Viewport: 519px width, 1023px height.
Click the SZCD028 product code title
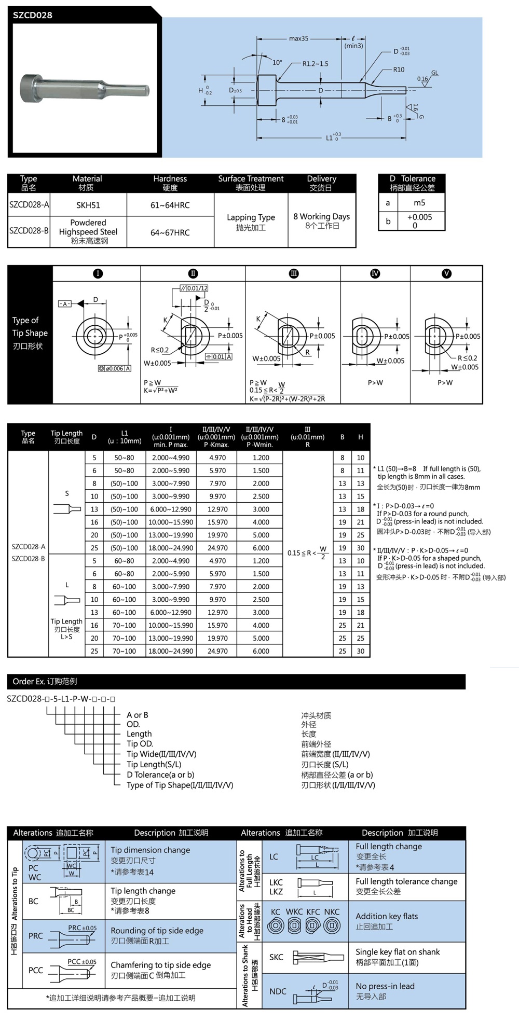coord(32,15)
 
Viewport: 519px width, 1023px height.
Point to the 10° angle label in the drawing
coord(277,62)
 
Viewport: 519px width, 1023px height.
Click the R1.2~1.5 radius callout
coord(315,64)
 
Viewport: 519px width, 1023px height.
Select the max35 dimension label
coord(298,38)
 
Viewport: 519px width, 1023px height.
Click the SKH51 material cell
coord(88,205)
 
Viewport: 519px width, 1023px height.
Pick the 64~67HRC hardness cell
coord(170,232)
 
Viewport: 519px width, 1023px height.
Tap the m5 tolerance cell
coord(419,203)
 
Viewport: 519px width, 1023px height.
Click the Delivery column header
coord(321,183)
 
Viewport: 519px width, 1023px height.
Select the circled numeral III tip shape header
coord(294,273)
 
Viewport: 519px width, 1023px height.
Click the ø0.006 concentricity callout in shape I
coord(115,368)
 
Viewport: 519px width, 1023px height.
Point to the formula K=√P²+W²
coord(161,390)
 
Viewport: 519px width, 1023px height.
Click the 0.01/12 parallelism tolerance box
coord(194,288)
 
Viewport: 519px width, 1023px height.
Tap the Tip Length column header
coord(66,437)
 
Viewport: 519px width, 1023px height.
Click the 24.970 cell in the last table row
coord(217,651)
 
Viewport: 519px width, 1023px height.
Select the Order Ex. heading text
coord(45,681)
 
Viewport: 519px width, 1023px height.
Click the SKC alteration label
coord(276,957)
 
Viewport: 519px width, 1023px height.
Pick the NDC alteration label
coord(278,991)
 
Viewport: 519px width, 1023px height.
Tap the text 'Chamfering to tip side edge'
coord(160,965)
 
